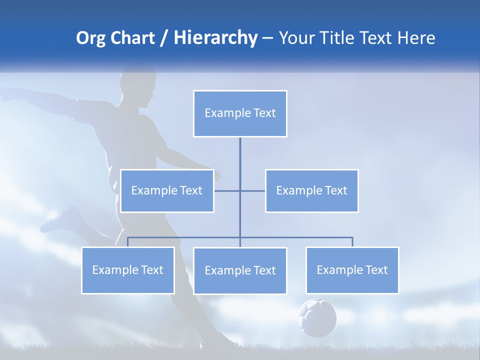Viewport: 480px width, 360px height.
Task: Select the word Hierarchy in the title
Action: point(215,38)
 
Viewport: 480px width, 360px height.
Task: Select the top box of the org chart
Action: point(240,113)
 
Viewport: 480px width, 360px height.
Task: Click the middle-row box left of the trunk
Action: point(167,191)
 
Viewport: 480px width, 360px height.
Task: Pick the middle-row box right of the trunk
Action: point(311,191)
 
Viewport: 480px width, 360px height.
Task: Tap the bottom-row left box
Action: point(128,270)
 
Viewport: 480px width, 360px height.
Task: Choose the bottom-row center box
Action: point(240,271)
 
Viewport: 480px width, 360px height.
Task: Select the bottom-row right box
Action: point(352,270)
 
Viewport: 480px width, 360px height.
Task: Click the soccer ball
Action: point(317,317)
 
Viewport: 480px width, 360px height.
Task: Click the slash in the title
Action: point(164,38)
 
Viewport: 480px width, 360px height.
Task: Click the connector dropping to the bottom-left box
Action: point(128,242)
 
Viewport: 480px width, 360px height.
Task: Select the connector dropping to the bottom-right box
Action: point(352,242)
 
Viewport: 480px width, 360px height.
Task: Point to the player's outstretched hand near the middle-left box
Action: point(217,175)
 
